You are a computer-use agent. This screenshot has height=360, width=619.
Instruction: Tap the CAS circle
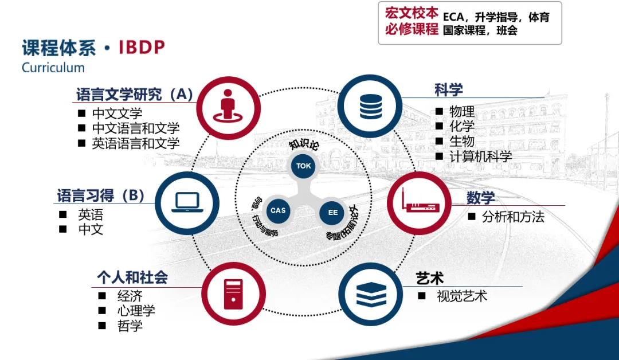coord(278,210)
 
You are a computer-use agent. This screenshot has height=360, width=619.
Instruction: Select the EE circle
coord(333,213)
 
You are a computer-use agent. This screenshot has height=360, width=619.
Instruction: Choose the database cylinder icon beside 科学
coord(370,105)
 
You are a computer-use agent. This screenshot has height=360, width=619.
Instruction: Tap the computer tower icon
coord(233,295)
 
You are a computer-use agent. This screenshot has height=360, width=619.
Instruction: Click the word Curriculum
coord(53,68)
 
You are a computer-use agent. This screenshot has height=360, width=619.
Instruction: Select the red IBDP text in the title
coord(142,47)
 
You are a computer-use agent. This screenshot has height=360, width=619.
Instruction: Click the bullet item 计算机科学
coord(481,156)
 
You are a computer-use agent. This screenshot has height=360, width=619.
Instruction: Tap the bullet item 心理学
coord(136,311)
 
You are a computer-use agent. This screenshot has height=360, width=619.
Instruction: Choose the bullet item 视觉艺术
coord(462,296)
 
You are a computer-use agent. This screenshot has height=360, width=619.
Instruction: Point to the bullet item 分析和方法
coord(513,217)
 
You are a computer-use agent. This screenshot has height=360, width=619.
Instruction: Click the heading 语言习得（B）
coord(100,196)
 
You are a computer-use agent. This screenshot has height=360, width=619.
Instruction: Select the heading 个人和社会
coord(132,278)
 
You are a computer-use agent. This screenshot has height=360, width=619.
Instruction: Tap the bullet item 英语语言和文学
coord(136,143)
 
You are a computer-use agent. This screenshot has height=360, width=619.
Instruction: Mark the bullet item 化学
coord(462,126)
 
